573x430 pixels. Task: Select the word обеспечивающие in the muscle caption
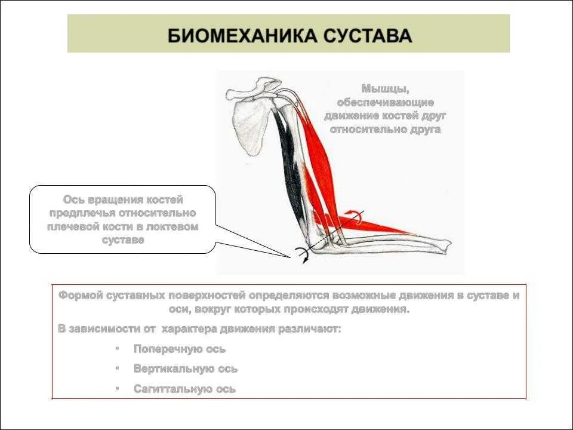(x=385, y=102)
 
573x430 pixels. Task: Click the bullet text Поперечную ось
(x=180, y=349)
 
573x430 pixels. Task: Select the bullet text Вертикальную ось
(x=186, y=369)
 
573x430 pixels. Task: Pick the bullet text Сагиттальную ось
(x=184, y=389)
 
